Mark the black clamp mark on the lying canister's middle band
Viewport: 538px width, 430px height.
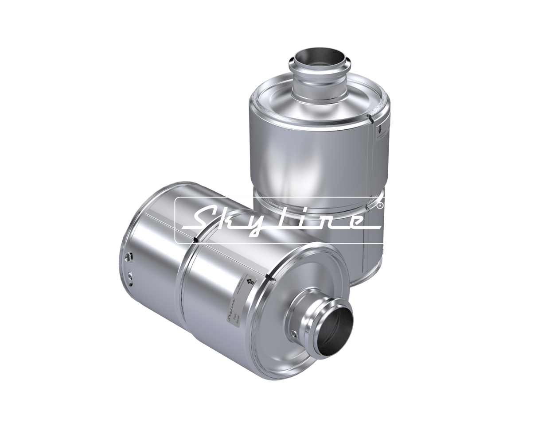pyautogui.click(x=195, y=239)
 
